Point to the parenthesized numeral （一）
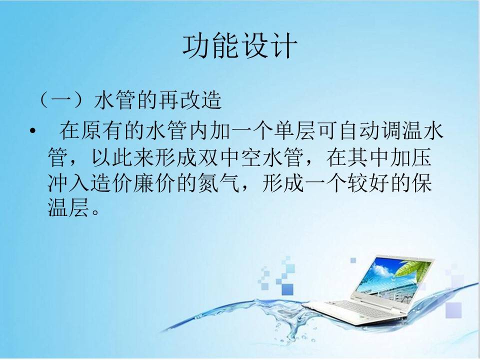tap(61, 100)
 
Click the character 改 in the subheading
tap(190, 100)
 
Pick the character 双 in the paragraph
tap(209, 157)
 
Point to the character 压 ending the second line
tap(421, 157)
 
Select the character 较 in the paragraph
tap(358, 183)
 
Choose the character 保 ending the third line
tap(421, 183)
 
